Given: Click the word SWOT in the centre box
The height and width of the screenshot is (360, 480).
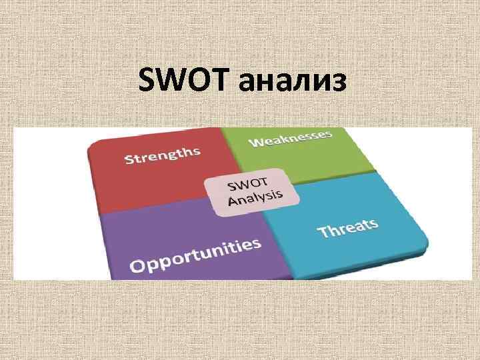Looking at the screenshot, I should (248, 183).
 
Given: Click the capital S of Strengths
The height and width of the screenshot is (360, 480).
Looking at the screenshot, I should (129, 161).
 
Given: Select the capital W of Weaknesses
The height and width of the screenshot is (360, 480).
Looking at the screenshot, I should (256, 142).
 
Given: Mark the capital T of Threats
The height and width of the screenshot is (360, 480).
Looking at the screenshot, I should (322, 233).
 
